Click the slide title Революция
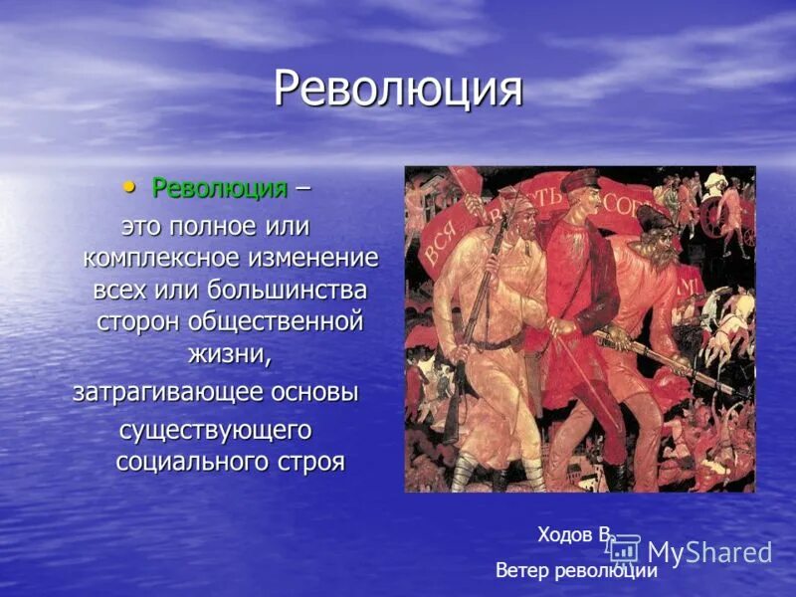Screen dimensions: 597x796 coord(398,90)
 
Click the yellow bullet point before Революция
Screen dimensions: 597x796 coord(128,187)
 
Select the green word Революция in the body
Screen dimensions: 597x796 coord(219,188)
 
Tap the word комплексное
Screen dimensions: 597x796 coord(161,258)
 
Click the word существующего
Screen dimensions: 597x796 coord(216,431)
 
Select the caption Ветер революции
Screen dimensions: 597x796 coord(576,570)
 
